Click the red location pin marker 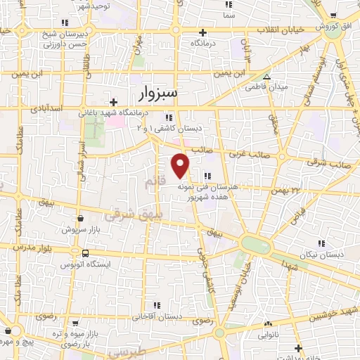tap(181, 165)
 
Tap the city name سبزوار tap(164, 92)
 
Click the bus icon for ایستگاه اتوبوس tap(85, 253)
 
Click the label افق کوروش tap(340, 26)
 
